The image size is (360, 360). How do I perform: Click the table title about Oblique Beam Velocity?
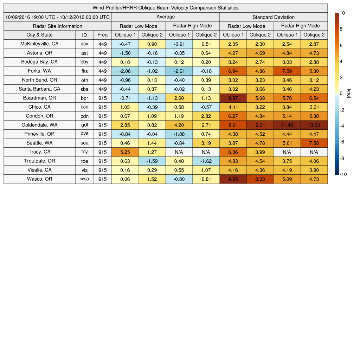pyautogui.click(x=166, y=8)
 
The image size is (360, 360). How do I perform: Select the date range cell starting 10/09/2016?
pyautogui.click(x=58, y=17)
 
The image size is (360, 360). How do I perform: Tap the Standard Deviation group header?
pyautogui.click(x=274, y=17)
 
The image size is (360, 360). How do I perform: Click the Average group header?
pyautogui.click(x=166, y=17)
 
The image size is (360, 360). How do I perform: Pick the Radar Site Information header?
pyautogui.click(x=58, y=26)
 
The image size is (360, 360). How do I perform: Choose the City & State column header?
pyautogui.click(x=39, y=35)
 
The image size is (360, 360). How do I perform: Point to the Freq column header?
pyautogui.click(x=103, y=35)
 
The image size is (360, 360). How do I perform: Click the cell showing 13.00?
pyautogui.click(x=314, y=125)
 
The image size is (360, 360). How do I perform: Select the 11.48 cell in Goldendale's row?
pyautogui.click(x=287, y=125)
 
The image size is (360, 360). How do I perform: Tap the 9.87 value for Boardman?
pyautogui.click(x=233, y=98)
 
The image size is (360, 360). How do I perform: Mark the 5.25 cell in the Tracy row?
pyautogui.click(x=125, y=152)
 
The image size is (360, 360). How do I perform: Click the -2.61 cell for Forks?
pyautogui.click(x=179, y=71)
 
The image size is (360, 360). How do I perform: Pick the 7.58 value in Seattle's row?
pyautogui.click(x=314, y=143)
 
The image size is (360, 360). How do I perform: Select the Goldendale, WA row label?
pyautogui.click(x=39, y=125)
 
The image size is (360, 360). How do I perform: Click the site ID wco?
pyautogui.click(x=84, y=179)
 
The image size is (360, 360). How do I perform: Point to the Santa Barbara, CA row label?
pyautogui.click(x=39, y=89)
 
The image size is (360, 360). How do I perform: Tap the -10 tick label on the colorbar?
pyautogui.click(x=343, y=174)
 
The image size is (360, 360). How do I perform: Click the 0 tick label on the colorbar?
pyautogui.click(x=341, y=94)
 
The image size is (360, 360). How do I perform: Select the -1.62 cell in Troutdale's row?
pyautogui.click(x=206, y=161)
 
